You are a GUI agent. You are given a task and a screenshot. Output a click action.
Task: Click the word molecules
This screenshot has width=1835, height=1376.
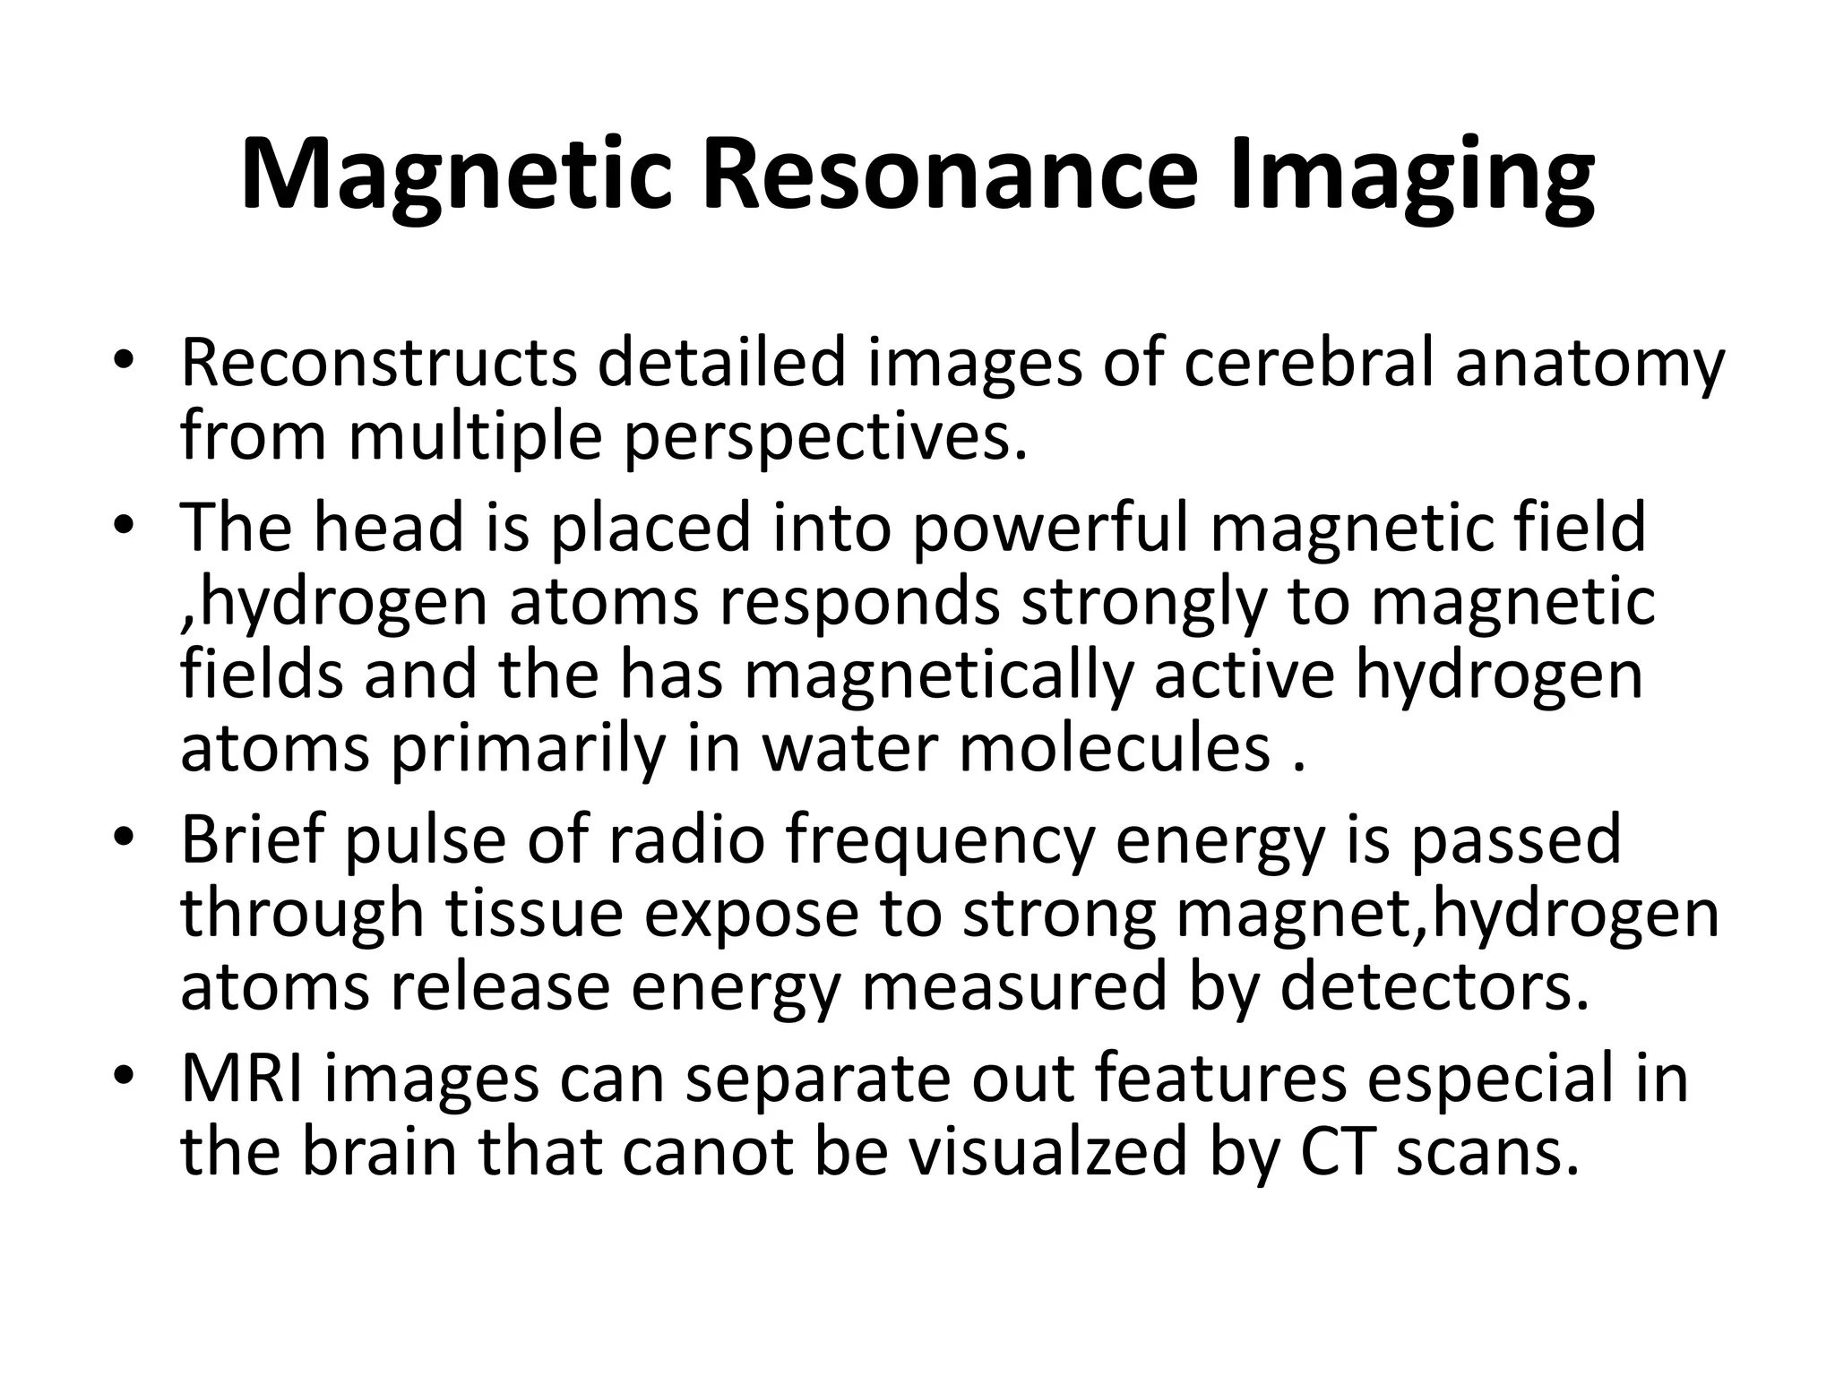(x=1115, y=748)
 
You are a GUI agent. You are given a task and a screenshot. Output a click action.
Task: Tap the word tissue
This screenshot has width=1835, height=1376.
(x=534, y=913)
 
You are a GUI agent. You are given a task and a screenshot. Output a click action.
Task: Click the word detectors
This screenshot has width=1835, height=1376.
(x=1434, y=986)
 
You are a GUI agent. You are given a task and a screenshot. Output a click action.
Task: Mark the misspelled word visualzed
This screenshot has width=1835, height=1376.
(x=1047, y=1152)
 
